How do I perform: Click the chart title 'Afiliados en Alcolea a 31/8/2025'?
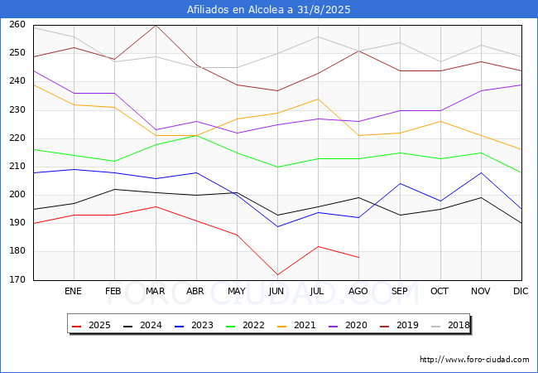(x=269, y=9)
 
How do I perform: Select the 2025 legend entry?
(x=91, y=325)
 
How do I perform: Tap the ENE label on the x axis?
(x=74, y=292)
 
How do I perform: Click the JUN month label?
(x=277, y=292)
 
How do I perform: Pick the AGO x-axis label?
(x=358, y=292)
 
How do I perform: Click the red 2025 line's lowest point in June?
(x=277, y=274)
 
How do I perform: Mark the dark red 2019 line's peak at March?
(x=156, y=25)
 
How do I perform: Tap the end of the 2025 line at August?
(x=358, y=258)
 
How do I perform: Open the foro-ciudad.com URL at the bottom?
(x=474, y=360)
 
